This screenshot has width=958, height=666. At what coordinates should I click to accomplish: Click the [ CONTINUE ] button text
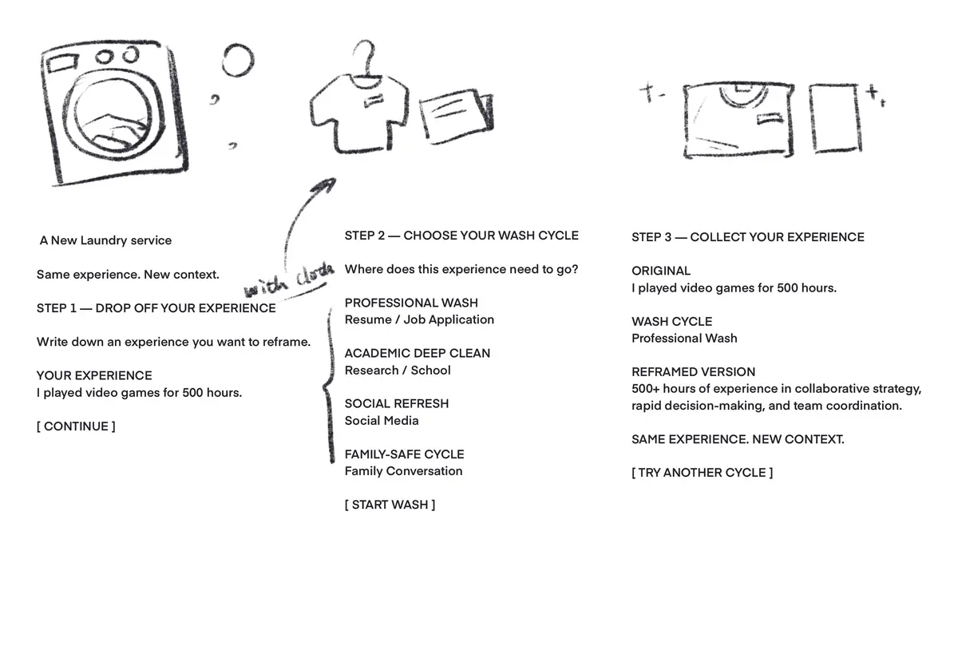click(76, 426)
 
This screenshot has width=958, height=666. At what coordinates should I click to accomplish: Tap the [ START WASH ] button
click(390, 505)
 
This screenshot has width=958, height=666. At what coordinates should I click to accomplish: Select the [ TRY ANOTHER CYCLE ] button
click(702, 473)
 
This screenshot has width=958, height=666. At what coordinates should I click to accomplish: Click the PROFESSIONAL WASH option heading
click(411, 303)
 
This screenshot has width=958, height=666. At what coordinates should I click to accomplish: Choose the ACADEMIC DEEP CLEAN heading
click(418, 353)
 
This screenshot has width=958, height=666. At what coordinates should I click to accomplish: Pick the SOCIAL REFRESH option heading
click(397, 404)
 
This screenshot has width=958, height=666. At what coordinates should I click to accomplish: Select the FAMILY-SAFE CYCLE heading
click(404, 454)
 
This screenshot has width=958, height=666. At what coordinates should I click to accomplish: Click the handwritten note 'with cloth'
click(289, 279)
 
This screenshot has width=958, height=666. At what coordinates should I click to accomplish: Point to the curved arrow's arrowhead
click(325, 185)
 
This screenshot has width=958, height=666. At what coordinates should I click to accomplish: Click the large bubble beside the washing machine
click(238, 61)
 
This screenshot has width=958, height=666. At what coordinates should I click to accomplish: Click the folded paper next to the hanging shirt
click(456, 116)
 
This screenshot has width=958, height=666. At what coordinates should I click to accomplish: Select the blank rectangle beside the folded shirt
click(834, 118)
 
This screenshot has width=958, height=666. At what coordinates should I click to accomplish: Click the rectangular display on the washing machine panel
click(62, 63)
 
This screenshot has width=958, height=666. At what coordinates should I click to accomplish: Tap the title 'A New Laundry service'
click(105, 240)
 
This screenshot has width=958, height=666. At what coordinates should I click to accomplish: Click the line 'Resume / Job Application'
click(419, 320)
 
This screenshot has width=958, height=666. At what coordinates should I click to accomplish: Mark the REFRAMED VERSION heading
click(693, 372)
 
